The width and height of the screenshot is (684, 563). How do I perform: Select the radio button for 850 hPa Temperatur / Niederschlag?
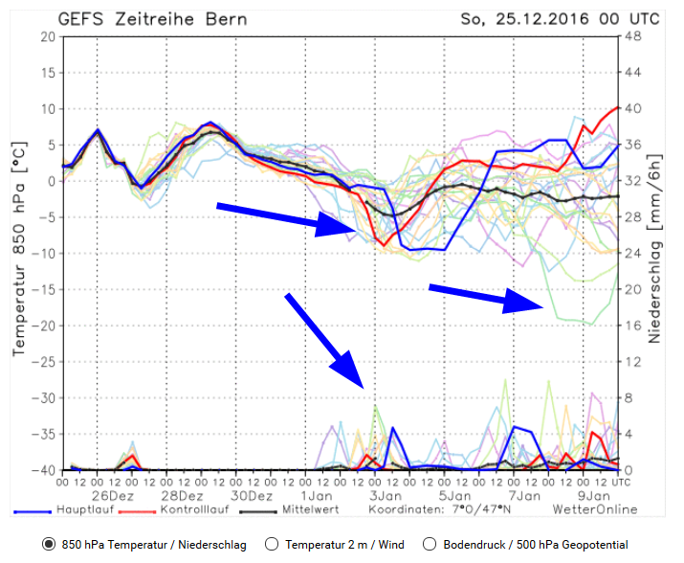point(49,545)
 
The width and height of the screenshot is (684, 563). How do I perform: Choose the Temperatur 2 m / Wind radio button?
point(271,545)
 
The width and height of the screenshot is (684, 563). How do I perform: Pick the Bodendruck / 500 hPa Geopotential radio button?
point(430,545)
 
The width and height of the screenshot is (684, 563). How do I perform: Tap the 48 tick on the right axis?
point(632,36)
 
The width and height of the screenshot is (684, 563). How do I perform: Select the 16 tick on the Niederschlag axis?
point(632,326)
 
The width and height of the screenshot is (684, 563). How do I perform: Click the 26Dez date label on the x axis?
point(113,497)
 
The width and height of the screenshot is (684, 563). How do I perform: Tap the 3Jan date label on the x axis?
point(386,497)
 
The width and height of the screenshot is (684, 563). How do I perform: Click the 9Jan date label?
point(595,497)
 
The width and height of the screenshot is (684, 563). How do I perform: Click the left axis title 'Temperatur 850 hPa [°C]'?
point(18,254)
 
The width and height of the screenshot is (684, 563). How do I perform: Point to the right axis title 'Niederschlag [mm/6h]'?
point(656,254)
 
